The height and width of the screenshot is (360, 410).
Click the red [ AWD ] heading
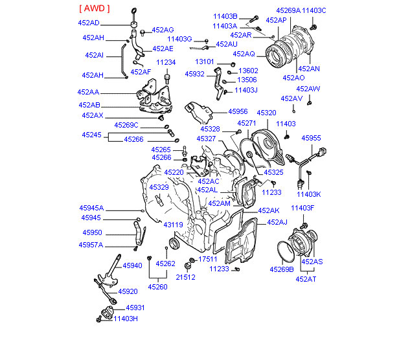[x=94, y=8]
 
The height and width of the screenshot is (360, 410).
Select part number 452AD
[x=88, y=23]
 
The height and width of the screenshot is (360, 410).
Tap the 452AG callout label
[x=163, y=30]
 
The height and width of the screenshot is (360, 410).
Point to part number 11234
[x=166, y=63]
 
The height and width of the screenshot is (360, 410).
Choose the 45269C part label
[x=126, y=125]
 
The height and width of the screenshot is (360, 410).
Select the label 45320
[x=266, y=112]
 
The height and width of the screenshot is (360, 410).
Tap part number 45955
[x=311, y=138]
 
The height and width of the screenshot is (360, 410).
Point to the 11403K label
[x=309, y=194]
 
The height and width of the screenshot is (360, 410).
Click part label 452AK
[x=268, y=210]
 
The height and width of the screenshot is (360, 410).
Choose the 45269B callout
[x=282, y=269]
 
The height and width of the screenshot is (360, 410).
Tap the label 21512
[x=187, y=276]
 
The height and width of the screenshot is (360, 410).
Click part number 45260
[x=157, y=287]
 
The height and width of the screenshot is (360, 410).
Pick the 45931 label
[x=135, y=308]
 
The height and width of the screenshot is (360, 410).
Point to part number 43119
[x=172, y=225]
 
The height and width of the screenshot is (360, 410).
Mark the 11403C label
[x=314, y=11]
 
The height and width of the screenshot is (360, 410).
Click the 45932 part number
[x=194, y=74]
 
